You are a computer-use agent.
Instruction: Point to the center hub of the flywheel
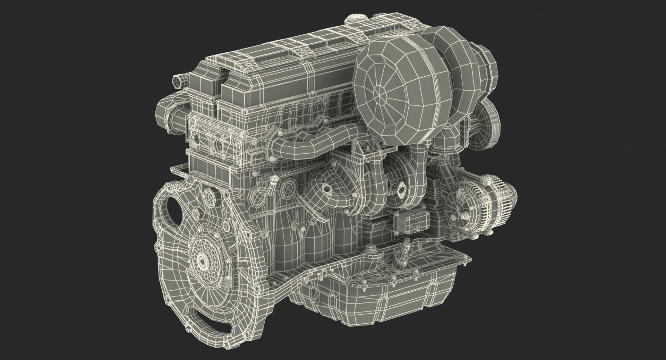[x=202, y=260]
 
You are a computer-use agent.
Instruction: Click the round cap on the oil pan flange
[x=372, y=248]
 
